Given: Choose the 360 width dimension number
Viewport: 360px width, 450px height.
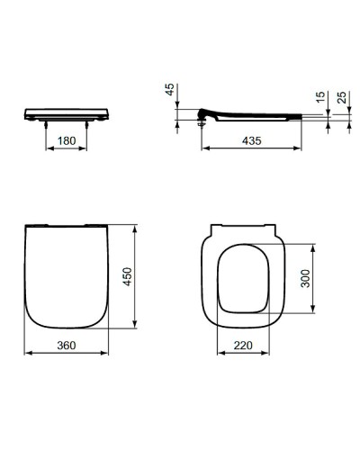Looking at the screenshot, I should (x=67, y=344).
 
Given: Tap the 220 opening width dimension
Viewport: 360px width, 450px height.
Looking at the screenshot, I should (x=240, y=344).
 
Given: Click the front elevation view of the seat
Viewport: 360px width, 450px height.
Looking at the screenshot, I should (x=67, y=114).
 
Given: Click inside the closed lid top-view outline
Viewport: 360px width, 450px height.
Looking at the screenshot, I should (x=67, y=279).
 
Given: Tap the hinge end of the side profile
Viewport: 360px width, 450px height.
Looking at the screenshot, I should (x=205, y=113).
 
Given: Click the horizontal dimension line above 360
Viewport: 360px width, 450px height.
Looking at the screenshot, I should (x=67, y=352).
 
